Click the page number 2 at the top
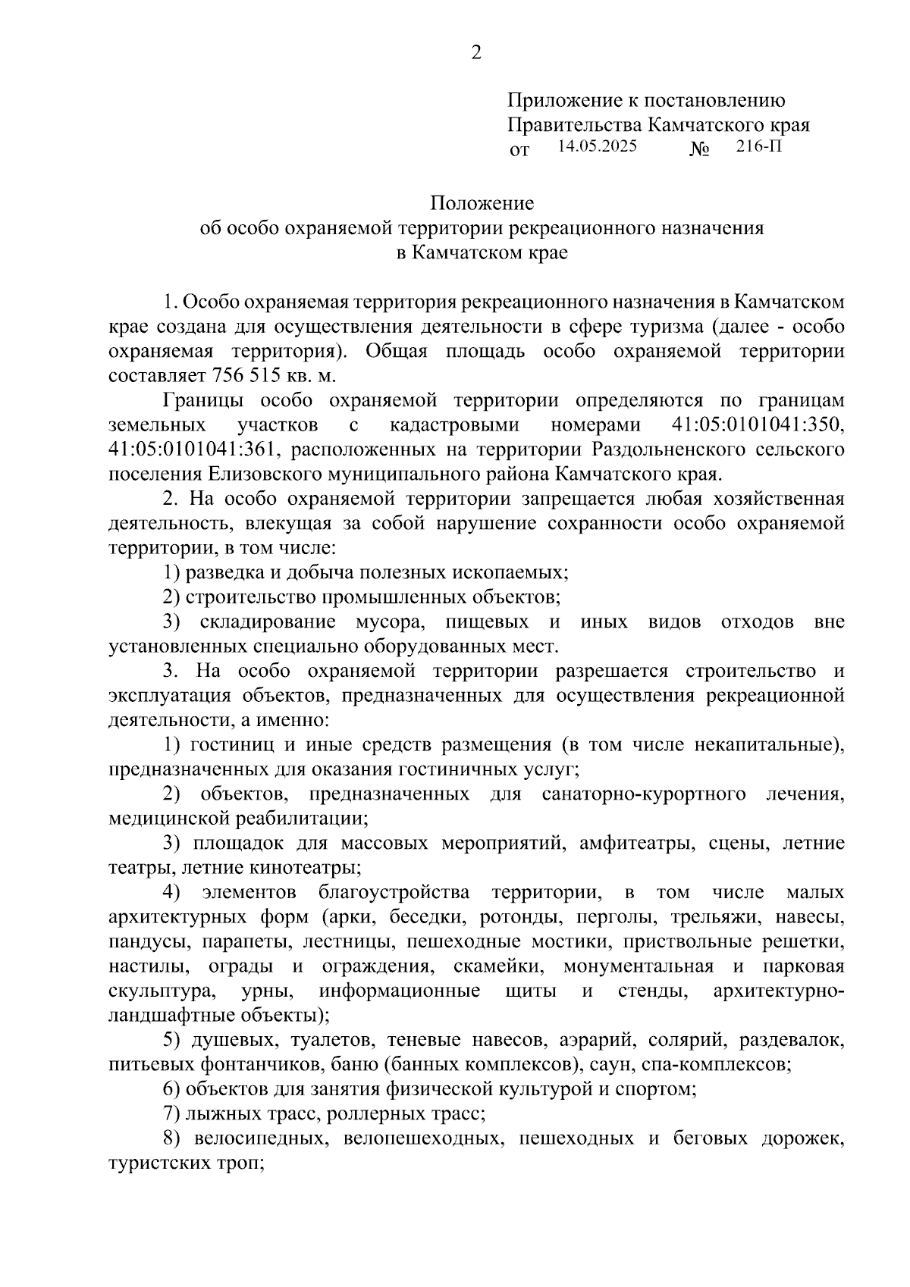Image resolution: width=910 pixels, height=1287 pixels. coord(476,52)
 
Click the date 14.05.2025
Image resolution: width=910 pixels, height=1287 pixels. coord(598,146)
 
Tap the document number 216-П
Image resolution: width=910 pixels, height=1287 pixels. coord(759,146)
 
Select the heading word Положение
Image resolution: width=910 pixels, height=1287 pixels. coord(482,203)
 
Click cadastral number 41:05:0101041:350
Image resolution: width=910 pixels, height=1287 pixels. coord(758,424)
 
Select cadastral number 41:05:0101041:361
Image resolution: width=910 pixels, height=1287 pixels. coord(193,449)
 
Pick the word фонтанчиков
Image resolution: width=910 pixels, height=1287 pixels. coord(254,1064)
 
